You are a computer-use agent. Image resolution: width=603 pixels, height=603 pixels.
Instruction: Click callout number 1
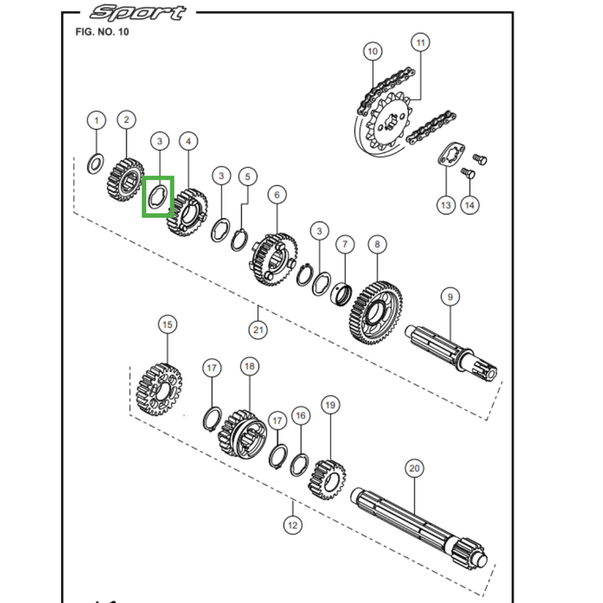[96, 121]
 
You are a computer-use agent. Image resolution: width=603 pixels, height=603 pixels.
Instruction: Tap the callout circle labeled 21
[258, 329]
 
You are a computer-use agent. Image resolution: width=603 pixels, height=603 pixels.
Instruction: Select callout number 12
[292, 525]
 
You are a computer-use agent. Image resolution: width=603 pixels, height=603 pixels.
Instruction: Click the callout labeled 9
[450, 297]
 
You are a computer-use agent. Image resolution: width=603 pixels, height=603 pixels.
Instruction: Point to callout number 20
[415, 468]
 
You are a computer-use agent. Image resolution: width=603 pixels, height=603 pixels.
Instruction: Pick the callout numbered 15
[167, 325]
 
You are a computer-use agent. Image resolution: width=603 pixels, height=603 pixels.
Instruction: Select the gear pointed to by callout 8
[376, 312]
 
